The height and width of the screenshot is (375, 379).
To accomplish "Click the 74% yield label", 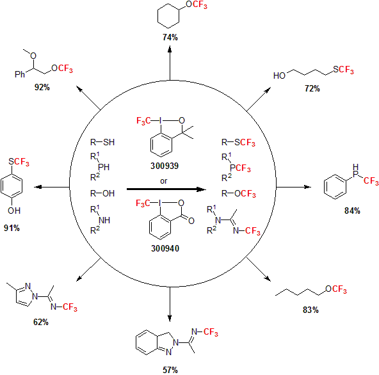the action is (170, 38).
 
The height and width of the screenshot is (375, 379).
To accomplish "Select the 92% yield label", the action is (42, 87).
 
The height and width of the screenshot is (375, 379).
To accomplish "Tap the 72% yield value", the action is (312, 89).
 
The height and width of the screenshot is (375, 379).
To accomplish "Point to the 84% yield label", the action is (352, 211).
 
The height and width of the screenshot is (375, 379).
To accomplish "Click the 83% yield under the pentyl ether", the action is (310, 310).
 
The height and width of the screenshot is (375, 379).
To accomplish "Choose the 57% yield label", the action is (170, 370).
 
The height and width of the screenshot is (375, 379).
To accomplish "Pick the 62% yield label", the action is (41, 322).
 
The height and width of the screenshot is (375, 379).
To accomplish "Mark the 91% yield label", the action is (12, 228).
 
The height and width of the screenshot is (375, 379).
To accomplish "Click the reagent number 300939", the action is (165, 166).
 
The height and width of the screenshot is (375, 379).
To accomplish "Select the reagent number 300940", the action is (165, 248).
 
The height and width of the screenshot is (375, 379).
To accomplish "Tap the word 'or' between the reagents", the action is (164, 181).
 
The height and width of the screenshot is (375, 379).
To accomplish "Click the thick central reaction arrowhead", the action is (201, 189).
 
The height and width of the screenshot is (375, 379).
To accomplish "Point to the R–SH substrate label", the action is (102, 142).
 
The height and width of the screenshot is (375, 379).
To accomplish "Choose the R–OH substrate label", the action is (102, 193).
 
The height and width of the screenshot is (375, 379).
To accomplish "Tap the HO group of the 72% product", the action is (279, 76).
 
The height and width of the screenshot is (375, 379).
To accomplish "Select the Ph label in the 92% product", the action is (20, 74).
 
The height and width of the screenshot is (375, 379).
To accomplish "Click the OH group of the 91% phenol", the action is (14, 211).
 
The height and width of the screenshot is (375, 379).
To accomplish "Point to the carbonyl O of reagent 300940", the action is (191, 221).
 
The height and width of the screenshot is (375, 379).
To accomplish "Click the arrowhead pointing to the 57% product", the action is (170, 319).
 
